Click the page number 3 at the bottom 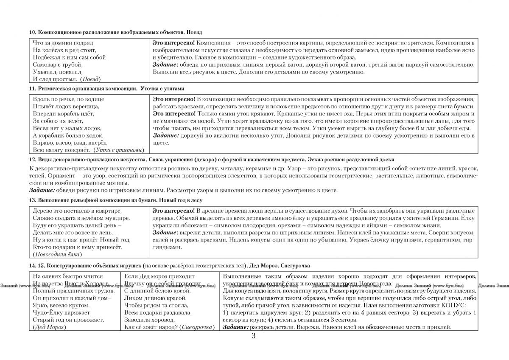point(254,337)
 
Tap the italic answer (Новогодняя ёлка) point(57,254)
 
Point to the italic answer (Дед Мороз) point(50,327)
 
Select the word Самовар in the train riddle point(45,64)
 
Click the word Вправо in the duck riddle point(42,143)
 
